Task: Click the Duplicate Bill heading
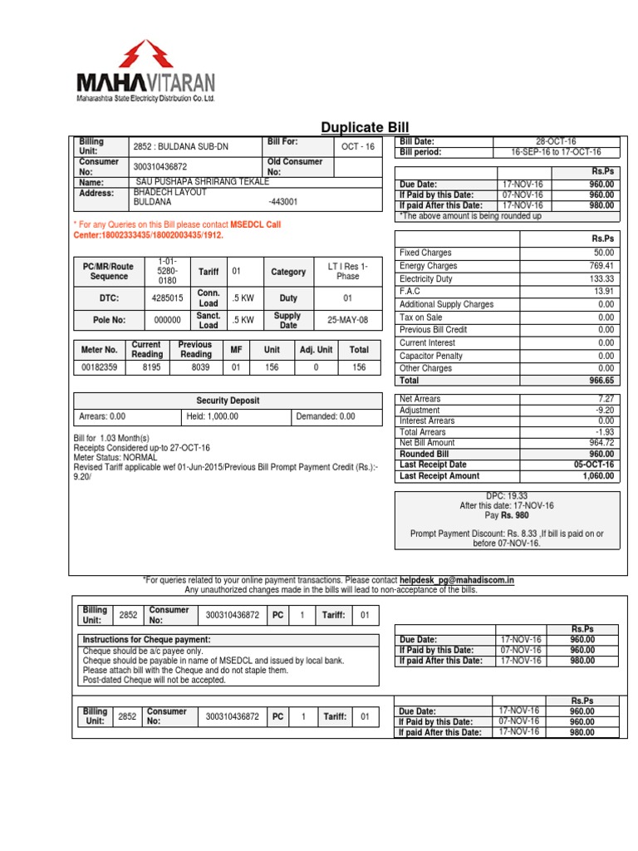pyautogui.click(x=365, y=126)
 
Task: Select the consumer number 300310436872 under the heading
pyautogui.click(x=160, y=167)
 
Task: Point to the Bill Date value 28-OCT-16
pyautogui.click(x=556, y=142)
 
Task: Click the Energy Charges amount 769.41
pyautogui.click(x=601, y=266)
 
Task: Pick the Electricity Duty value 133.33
pyautogui.click(x=601, y=278)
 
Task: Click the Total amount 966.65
pyautogui.click(x=600, y=381)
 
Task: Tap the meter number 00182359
pyautogui.click(x=99, y=366)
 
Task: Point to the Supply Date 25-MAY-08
pyautogui.click(x=347, y=319)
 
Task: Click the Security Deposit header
pyautogui.click(x=227, y=401)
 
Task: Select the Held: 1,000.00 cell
pyautogui.click(x=213, y=416)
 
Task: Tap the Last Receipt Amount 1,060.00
pyautogui.click(x=596, y=476)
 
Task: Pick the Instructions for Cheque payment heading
pyautogui.click(x=146, y=639)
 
